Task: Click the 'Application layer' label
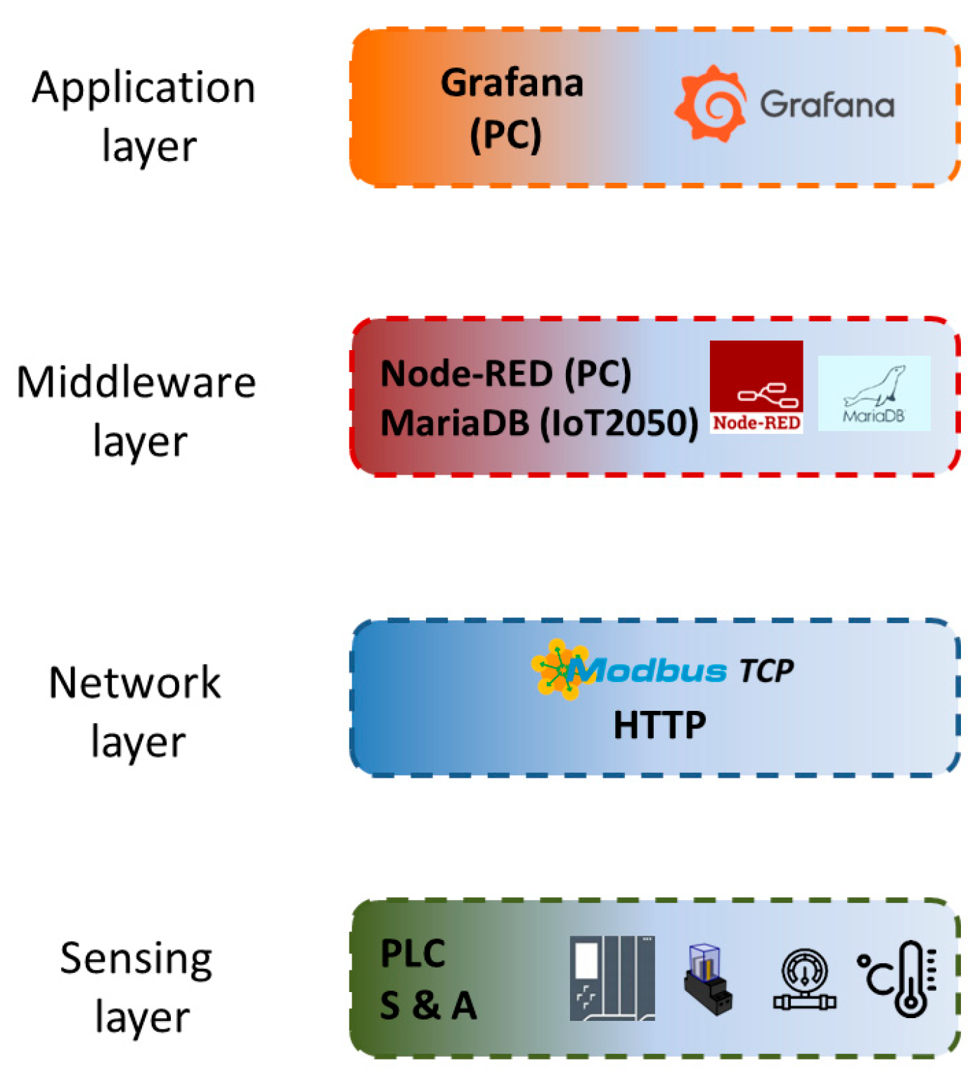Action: click(x=144, y=116)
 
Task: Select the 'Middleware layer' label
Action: click(x=137, y=411)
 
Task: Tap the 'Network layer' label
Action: click(x=136, y=712)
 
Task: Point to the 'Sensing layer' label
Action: click(x=137, y=986)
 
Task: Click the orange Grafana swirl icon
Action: click(x=711, y=104)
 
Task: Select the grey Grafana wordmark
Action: click(x=827, y=105)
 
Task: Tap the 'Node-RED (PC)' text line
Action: click(x=505, y=373)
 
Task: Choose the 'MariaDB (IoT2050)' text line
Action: click(x=538, y=423)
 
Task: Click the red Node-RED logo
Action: click(x=756, y=387)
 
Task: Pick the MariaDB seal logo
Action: click(x=874, y=393)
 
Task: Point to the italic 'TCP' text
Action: click(x=766, y=671)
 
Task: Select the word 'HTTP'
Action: click(x=659, y=725)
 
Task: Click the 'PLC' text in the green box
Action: click(x=413, y=954)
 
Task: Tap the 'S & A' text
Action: click(x=428, y=1005)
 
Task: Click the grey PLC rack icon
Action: click(x=612, y=978)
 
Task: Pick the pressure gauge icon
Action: click(x=805, y=979)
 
